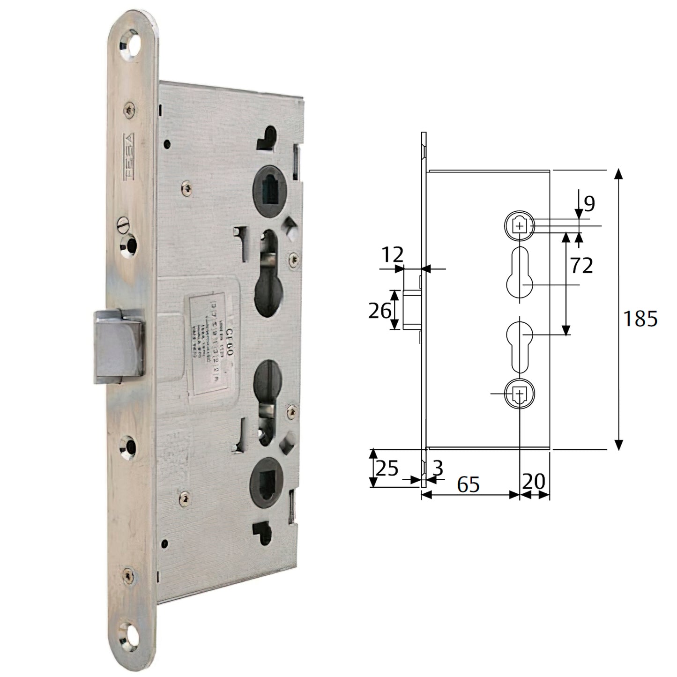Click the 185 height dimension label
640,319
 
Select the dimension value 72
581,266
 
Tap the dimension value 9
589,203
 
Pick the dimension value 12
392,255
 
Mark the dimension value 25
387,468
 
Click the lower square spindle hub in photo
267,483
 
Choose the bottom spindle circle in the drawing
519,394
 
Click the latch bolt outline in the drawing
411,310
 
